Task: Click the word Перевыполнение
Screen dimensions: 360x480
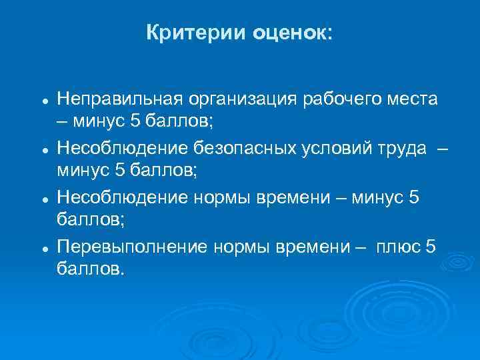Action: pos(133,247)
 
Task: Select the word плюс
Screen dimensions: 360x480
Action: pos(398,247)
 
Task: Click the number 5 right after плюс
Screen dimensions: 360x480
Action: pos(430,247)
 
